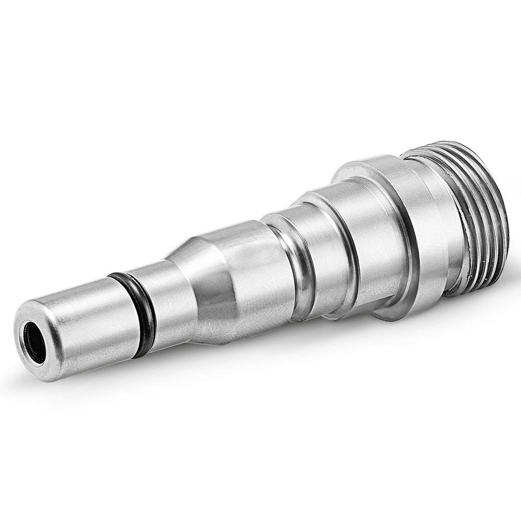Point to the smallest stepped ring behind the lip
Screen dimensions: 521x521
pyautogui.click(x=319, y=247)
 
